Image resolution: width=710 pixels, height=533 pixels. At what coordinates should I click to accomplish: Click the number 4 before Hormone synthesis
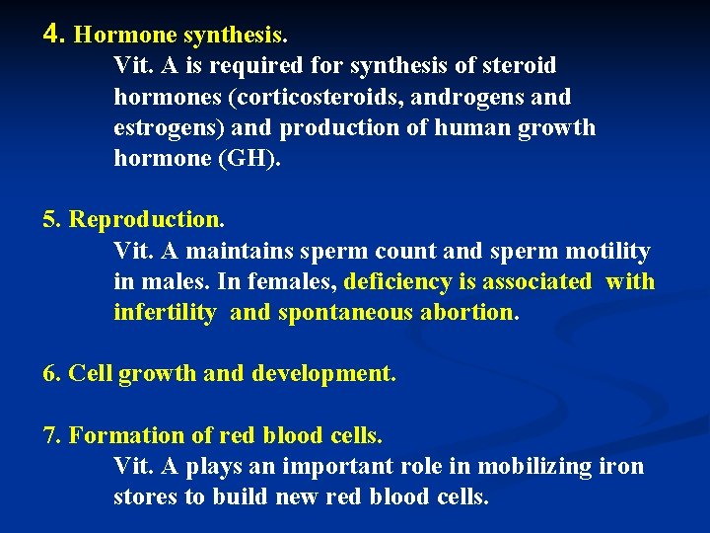click(x=53, y=35)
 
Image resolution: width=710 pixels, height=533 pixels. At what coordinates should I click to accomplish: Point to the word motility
click(x=604, y=252)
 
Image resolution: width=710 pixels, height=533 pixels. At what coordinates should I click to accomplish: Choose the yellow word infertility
click(x=165, y=313)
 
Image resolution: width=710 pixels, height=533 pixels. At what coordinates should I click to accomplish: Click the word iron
click(x=622, y=466)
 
